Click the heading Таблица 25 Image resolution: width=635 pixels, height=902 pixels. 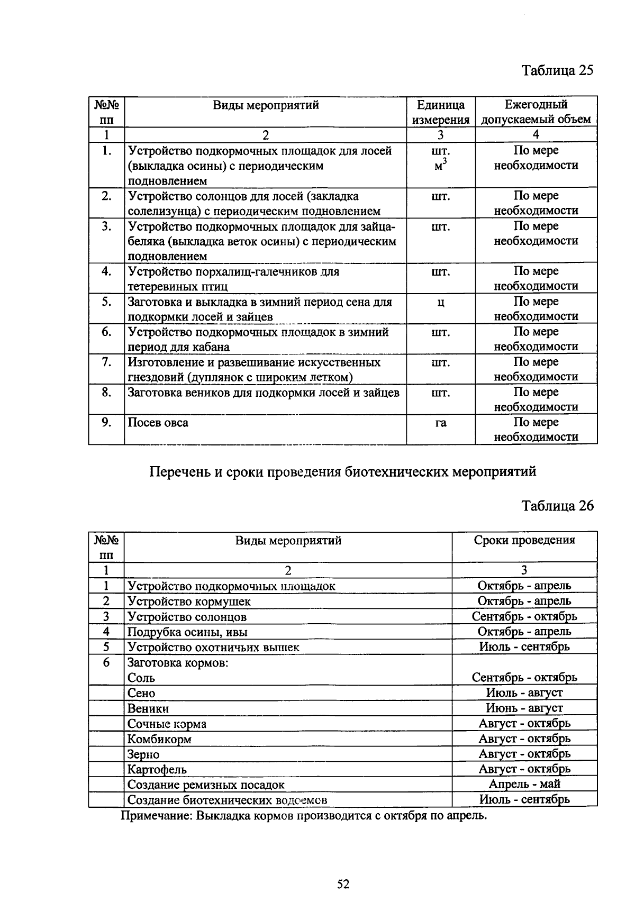[x=557, y=70]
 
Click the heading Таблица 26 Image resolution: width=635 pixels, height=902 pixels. [x=557, y=506]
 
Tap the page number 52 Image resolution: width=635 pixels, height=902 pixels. [x=343, y=884]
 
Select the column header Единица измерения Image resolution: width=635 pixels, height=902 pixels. [x=440, y=112]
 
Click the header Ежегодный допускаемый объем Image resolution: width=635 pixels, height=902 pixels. [x=536, y=112]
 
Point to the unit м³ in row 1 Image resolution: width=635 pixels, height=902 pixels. [x=440, y=165]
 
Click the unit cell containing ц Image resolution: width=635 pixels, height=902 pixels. [x=440, y=303]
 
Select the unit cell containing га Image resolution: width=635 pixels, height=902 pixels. [x=440, y=423]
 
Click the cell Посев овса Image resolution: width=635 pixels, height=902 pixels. [x=158, y=423]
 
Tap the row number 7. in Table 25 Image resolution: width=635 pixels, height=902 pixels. [x=106, y=362]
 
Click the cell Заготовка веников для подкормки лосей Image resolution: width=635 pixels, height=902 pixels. [x=263, y=393]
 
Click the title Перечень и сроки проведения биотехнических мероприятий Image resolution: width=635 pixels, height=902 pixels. [x=343, y=471]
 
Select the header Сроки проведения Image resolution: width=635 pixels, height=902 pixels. [x=524, y=540]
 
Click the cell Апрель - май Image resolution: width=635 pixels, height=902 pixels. [x=524, y=784]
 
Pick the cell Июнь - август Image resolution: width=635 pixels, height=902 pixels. [x=524, y=708]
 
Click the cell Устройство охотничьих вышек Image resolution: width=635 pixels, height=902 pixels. [x=213, y=647]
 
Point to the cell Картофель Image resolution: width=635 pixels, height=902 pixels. [x=157, y=769]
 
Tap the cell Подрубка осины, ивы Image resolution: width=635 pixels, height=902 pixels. [x=187, y=632]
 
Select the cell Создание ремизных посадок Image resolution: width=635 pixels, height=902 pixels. [x=206, y=785]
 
